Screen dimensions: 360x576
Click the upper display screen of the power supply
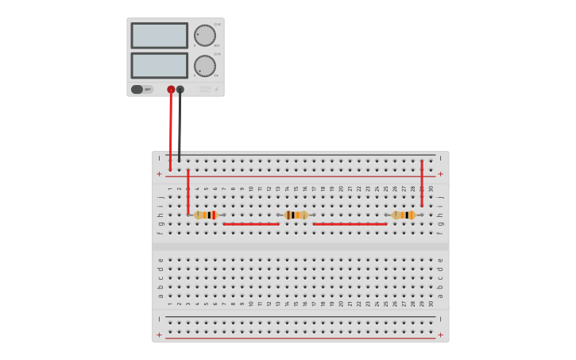click(159, 36)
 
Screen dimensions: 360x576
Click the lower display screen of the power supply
click(159, 65)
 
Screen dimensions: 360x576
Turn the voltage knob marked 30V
click(205, 36)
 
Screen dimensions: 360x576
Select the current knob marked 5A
click(205, 66)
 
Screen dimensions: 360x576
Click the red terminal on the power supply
click(171, 90)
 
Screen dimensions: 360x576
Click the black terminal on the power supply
click(180, 90)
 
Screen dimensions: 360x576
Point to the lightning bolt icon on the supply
click(216, 90)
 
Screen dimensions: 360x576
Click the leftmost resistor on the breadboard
click(206, 215)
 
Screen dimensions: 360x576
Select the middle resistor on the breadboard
click(296, 215)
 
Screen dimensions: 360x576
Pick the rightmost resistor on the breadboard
click(404, 215)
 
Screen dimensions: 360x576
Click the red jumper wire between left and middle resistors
click(251, 224)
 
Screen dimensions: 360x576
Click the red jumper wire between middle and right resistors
click(350, 224)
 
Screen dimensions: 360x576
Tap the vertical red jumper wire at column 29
click(422, 183)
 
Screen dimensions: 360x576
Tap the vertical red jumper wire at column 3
click(188, 191)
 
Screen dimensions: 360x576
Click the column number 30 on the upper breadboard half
click(431, 188)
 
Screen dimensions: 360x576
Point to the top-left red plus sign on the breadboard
click(159, 173)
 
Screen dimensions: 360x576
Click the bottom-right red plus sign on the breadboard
click(441, 335)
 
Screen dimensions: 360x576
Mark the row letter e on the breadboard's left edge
click(160, 260)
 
